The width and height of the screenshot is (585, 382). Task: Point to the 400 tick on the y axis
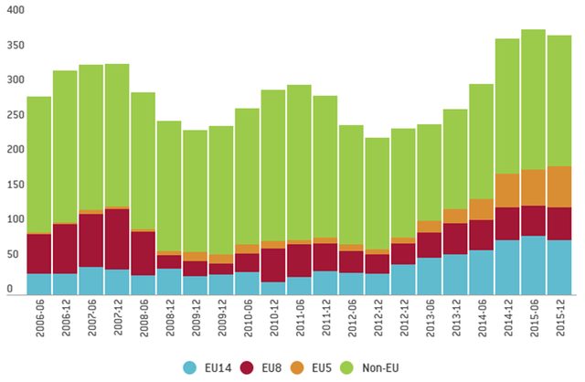coord(13,11)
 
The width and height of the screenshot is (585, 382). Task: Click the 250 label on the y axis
coord(13,115)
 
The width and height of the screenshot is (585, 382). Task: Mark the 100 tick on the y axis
coord(13,219)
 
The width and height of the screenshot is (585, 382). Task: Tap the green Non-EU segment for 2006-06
coord(39,164)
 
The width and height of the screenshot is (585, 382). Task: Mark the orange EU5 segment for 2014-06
coord(481,209)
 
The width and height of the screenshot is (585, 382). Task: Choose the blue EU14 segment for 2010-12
coord(273,289)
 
